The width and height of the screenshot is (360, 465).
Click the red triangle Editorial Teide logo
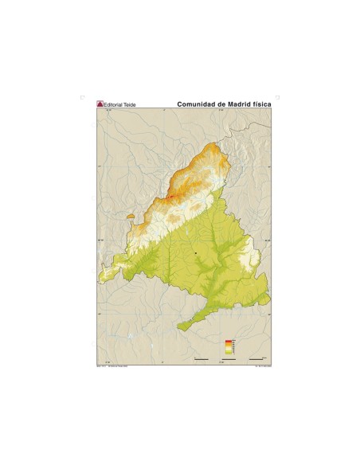click(100, 104)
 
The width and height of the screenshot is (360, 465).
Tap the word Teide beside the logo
click(131, 104)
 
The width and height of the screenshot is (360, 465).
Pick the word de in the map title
click(220, 104)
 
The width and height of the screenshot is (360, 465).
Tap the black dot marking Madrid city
click(195, 252)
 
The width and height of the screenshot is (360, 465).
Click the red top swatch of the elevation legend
click(229, 341)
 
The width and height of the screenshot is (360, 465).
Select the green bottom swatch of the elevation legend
click(229, 352)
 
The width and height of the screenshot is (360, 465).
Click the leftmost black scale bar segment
click(202, 359)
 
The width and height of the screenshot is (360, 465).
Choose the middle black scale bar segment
click(229, 359)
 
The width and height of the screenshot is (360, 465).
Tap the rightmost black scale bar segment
click(256, 359)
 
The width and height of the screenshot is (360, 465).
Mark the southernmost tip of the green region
click(180, 329)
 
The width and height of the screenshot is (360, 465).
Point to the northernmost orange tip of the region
click(217, 145)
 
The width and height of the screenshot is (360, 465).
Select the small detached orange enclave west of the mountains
click(131, 216)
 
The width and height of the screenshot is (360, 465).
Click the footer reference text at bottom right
click(260, 366)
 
